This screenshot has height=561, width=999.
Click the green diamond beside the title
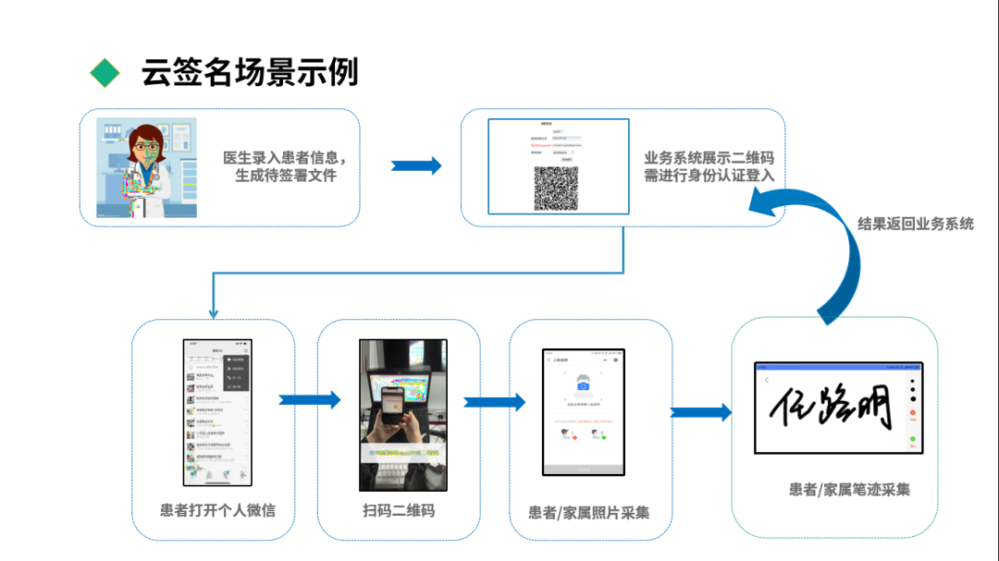(105, 72)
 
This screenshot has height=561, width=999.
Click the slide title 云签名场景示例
(250, 72)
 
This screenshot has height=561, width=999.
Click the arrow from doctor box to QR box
(416, 165)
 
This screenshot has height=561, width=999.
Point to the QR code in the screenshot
(555, 188)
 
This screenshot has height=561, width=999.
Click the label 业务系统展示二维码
(709, 157)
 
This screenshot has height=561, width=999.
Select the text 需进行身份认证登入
(709, 176)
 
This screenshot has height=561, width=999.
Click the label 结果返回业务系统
(915, 224)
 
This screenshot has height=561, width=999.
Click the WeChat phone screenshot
(217, 411)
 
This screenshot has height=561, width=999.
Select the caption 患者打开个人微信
(217, 509)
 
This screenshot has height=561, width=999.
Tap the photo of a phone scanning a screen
(403, 414)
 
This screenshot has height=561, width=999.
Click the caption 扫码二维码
(399, 510)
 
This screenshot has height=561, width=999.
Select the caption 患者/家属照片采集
(589, 512)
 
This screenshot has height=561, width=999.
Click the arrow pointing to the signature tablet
(700, 411)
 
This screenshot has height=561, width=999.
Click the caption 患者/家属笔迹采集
(849, 489)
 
